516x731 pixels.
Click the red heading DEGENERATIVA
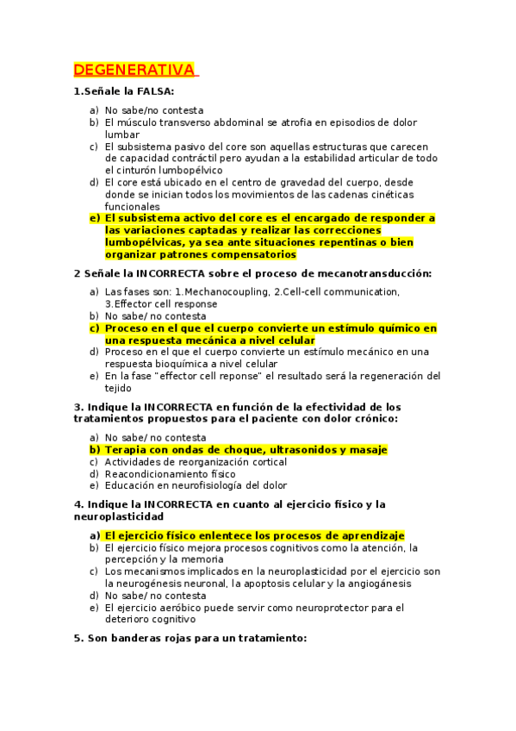point(134,70)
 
